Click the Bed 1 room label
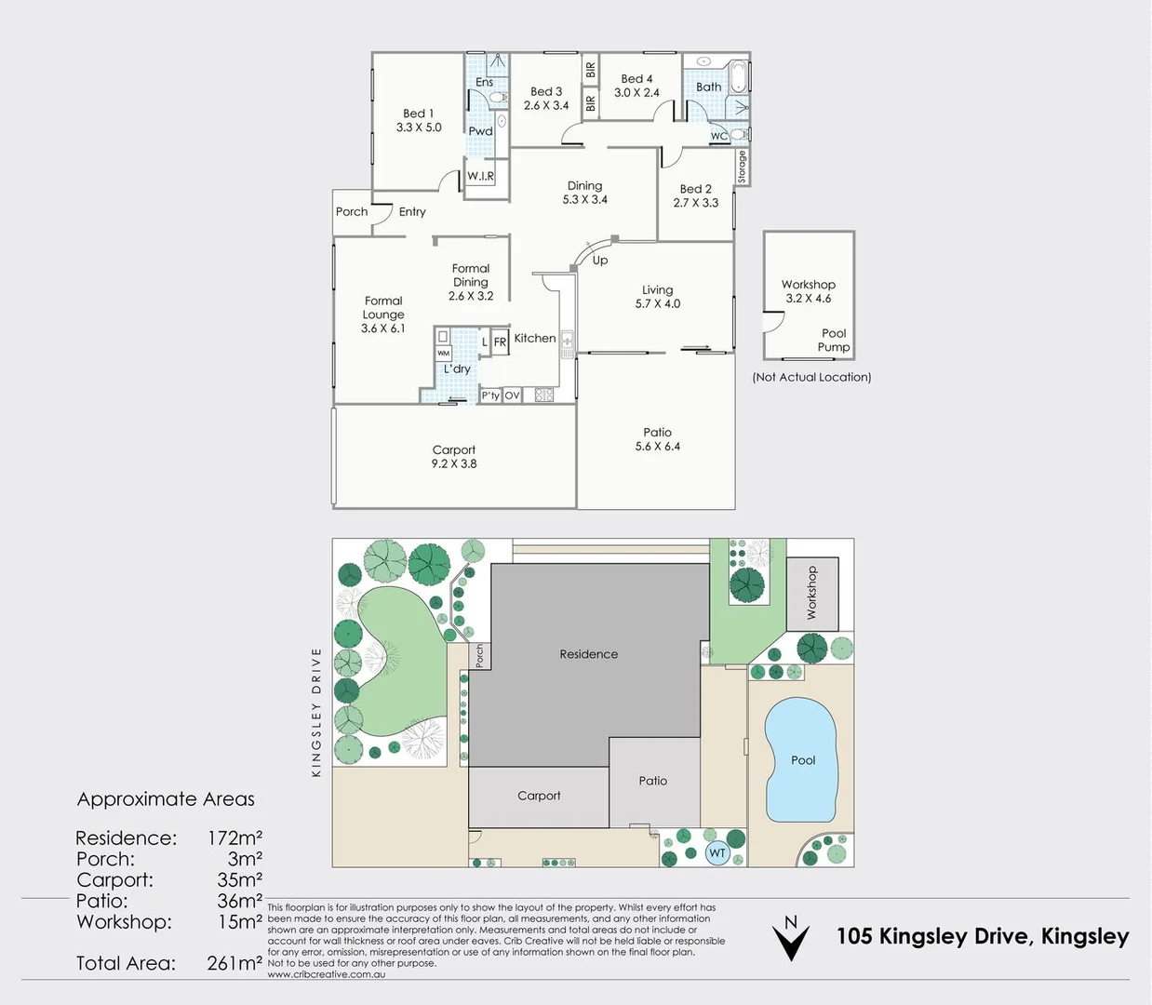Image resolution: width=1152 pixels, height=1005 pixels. click(418, 120)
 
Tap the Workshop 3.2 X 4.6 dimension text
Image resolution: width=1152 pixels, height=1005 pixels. click(808, 299)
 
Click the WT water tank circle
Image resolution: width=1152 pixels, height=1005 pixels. click(717, 852)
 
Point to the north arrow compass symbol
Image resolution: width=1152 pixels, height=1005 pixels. click(791, 938)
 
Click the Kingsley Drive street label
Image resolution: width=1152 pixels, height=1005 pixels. click(316, 712)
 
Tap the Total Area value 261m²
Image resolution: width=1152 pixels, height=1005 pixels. click(234, 963)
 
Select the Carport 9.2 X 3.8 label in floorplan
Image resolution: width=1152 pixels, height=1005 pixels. click(453, 457)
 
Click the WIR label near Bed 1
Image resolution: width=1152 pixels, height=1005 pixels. click(480, 176)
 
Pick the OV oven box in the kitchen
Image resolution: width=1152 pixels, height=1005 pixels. click(512, 395)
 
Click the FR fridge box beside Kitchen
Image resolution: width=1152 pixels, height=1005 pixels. click(500, 342)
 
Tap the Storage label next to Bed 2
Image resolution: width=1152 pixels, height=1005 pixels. click(742, 167)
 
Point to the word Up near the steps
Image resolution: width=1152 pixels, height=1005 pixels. click(600, 261)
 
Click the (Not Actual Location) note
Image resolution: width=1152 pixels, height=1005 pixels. click(811, 377)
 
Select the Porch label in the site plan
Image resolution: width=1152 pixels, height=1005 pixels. click(479, 656)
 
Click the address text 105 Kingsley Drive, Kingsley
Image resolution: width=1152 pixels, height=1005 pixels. click(982, 936)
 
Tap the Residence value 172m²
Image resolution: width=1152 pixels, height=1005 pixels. click(234, 837)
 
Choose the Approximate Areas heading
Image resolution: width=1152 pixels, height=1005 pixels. click(166, 799)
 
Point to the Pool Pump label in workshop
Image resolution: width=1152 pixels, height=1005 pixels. click(833, 341)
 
